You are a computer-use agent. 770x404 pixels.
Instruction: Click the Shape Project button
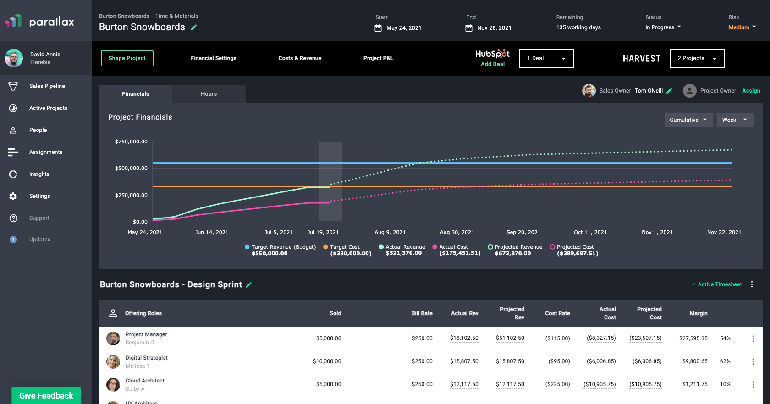tap(127, 58)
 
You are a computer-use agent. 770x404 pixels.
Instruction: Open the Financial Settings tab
tap(214, 58)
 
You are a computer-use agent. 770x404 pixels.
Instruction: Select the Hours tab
tap(209, 94)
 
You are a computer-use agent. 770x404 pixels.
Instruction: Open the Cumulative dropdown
tap(688, 120)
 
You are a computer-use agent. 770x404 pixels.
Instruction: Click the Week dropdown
tap(735, 120)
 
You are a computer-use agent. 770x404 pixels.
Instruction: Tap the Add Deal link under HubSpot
tap(493, 64)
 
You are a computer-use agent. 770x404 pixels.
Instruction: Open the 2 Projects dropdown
tap(697, 59)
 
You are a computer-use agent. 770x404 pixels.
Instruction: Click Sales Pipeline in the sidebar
tap(47, 86)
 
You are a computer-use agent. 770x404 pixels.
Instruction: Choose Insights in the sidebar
tap(39, 174)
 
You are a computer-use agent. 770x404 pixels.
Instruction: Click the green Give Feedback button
tap(46, 395)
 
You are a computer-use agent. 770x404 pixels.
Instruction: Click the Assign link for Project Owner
tap(751, 91)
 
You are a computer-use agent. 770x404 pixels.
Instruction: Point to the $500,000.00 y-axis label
tap(131, 168)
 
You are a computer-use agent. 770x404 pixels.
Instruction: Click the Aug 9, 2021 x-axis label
tap(390, 232)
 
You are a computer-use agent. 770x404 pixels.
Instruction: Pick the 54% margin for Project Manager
tap(725, 338)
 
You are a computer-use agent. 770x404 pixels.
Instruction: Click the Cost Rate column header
tap(557, 313)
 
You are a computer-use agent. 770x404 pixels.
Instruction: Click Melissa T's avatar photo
tap(113, 361)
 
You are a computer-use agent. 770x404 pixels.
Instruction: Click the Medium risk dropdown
tap(742, 27)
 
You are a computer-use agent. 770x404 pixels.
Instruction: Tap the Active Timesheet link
tap(719, 284)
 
